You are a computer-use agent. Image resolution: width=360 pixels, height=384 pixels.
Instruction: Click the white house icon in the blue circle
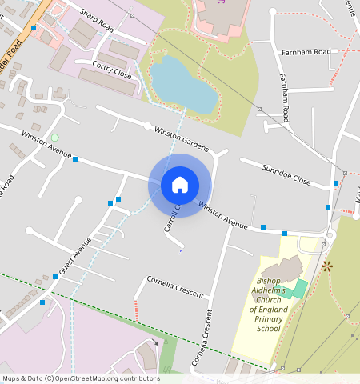click(180, 185)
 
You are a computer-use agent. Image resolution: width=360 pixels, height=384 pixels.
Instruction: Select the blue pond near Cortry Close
click(183, 84)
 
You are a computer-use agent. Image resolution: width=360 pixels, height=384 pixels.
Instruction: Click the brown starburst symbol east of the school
click(326, 266)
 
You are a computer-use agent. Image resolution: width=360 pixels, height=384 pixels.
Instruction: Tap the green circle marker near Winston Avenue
click(54, 138)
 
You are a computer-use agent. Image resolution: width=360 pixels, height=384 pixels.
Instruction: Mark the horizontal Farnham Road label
click(306, 52)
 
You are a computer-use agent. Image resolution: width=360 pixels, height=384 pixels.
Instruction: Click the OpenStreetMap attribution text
click(81, 378)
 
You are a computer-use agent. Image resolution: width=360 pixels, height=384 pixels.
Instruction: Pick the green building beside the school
click(298, 288)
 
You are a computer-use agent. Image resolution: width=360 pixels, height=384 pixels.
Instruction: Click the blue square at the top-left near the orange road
click(34, 28)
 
